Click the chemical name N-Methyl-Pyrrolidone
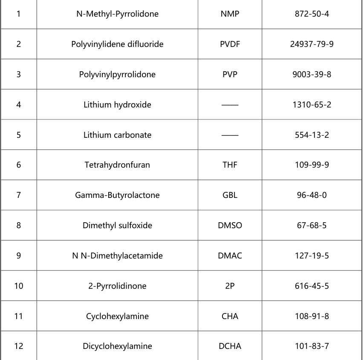point(117,14)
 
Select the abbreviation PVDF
point(230,44)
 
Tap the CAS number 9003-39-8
point(312,75)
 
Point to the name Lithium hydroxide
point(117,105)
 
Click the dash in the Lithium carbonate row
point(230,135)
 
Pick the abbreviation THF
point(230,165)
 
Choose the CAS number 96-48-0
point(312,195)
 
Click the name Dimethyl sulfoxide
point(117,226)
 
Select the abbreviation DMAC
point(230,256)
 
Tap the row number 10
point(19,286)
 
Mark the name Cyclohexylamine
point(117,316)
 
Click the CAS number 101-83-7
point(312,346)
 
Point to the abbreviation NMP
point(230,14)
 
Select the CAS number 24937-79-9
point(312,44)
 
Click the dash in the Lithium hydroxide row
point(230,105)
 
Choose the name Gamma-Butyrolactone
point(117,195)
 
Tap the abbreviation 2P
point(230,286)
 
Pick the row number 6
point(19,165)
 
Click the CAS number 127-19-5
point(312,256)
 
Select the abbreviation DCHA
point(230,346)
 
